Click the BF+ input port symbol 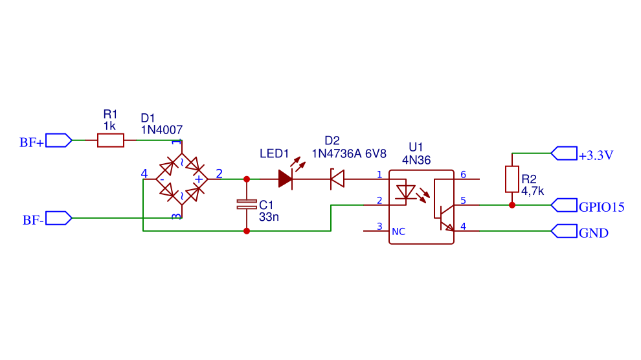coord(58,140)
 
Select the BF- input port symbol coord(58,218)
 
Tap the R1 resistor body coord(110,140)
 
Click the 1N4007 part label coord(161,130)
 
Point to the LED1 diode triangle coord(285,179)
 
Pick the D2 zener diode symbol coord(337,179)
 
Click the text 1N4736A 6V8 coord(349,153)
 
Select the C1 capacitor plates coord(247,205)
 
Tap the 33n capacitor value coord(269,217)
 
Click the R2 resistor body coord(512,179)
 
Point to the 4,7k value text coord(532,191)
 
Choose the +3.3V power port coord(564,153)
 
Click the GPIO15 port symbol coord(564,205)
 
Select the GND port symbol coord(564,231)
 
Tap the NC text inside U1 coord(399,232)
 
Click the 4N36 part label coord(416,160)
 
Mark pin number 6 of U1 coord(463,174)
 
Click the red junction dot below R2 coord(512,205)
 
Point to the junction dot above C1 coord(247,179)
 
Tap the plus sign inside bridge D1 coord(199,179)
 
